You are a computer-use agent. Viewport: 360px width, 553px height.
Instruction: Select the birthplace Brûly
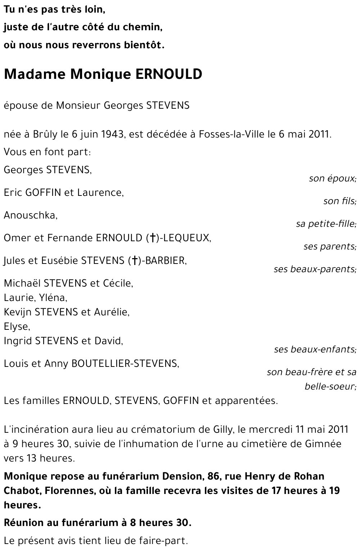tap(45, 134)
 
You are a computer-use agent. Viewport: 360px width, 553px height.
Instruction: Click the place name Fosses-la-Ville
tap(232, 134)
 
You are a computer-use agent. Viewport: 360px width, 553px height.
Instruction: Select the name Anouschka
tap(30, 215)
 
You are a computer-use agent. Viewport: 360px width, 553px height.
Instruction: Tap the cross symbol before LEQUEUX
tap(153, 238)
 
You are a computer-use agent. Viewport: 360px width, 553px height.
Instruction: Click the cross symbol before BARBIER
tap(134, 261)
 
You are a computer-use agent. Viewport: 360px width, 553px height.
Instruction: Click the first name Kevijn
tap(18, 312)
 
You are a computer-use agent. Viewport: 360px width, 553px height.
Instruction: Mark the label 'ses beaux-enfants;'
tap(315, 350)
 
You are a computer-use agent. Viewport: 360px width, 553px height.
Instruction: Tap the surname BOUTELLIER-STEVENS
tap(125, 364)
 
